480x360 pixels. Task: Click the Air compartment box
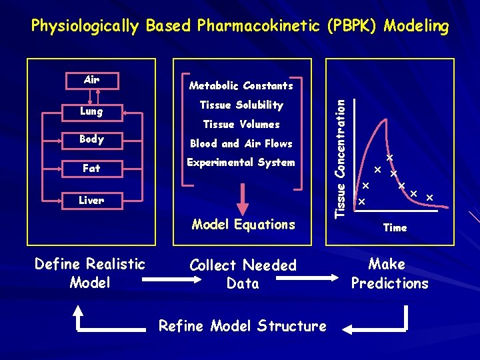91,80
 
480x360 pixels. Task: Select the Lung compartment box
91,111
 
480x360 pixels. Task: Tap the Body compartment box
91,139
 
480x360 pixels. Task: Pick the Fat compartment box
91,169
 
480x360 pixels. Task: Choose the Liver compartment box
91,200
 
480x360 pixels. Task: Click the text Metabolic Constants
241,85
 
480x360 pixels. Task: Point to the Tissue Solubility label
241,105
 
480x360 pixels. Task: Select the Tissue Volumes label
241,124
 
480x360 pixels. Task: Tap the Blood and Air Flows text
241,143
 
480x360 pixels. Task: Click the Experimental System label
241,162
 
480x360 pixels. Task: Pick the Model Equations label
243,225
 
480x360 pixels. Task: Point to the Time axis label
395,228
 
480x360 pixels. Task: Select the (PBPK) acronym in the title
359,26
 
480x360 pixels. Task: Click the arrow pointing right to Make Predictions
333,273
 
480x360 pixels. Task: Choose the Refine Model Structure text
242,326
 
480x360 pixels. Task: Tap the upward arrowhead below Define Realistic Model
78,309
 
